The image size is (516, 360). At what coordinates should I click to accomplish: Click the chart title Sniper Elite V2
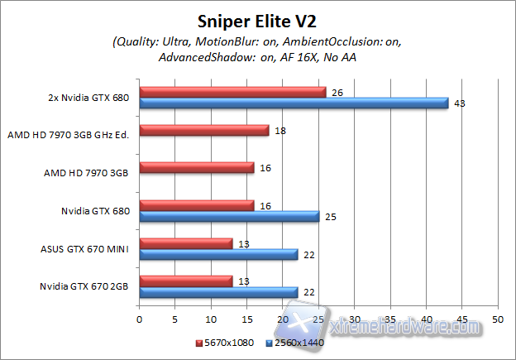[258, 20]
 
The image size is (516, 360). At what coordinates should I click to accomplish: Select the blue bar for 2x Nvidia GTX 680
[294, 103]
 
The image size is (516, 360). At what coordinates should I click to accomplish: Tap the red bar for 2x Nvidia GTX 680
[232, 92]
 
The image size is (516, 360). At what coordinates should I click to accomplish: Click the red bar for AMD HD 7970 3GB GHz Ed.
[204, 130]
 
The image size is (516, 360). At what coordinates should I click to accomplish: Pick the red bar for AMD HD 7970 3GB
[197, 168]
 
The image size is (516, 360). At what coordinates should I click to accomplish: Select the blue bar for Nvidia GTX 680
[229, 217]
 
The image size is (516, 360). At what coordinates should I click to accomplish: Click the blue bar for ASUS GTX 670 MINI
[218, 255]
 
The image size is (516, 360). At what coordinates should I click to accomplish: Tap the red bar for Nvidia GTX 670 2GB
[186, 281]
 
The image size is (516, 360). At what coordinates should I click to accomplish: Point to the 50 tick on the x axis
[497, 319]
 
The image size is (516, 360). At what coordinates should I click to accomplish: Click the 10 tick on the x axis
[211, 319]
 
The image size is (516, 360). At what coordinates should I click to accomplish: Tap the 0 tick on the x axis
[140, 319]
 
